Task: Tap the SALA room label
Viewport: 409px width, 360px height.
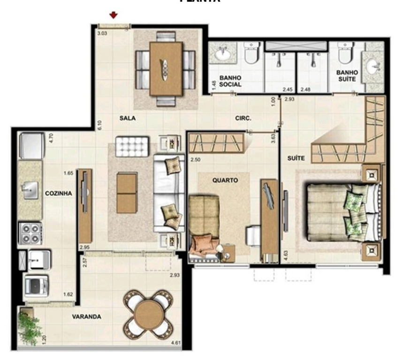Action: click(x=127, y=119)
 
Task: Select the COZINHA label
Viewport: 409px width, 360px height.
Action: click(x=58, y=193)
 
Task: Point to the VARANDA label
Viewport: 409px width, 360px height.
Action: click(x=86, y=317)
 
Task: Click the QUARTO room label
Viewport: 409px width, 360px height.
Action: click(x=225, y=180)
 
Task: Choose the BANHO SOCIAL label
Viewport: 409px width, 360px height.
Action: click(x=230, y=81)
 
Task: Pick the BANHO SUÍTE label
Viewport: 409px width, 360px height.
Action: click(x=347, y=76)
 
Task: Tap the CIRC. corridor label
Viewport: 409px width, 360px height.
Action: click(x=243, y=119)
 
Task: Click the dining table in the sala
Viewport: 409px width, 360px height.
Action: click(x=166, y=68)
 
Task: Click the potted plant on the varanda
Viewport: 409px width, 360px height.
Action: click(x=30, y=327)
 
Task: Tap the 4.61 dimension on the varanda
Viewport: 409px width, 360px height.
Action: click(x=176, y=343)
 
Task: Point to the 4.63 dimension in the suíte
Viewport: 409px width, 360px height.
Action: click(x=286, y=255)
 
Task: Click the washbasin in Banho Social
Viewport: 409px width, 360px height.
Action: click(x=221, y=54)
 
